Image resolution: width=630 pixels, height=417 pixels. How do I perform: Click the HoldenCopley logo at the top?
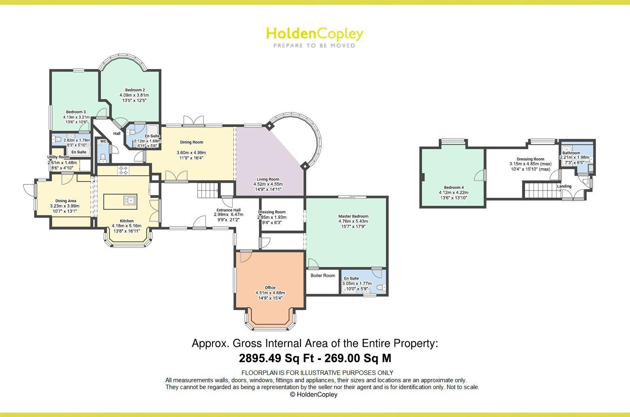(x=314, y=37)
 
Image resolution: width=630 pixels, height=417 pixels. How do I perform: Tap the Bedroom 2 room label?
(x=135, y=90)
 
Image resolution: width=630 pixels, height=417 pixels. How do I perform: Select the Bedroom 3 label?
(x=76, y=112)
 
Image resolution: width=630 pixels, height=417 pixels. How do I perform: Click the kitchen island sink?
(x=129, y=200)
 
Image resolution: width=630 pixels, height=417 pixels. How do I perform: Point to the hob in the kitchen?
(x=123, y=170)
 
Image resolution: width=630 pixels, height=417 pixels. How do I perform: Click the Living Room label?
(x=268, y=179)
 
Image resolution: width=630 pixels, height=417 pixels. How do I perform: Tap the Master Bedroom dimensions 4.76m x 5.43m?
(x=353, y=221)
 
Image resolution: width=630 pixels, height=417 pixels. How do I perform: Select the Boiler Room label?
(x=323, y=275)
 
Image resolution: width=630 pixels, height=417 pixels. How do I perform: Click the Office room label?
(x=270, y=288)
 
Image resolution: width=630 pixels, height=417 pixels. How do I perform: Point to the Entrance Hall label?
(x=228, y=210)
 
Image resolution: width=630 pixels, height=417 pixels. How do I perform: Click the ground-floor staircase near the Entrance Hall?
(x=208, y=191)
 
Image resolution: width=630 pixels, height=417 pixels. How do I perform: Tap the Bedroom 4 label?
(x=454, y=188)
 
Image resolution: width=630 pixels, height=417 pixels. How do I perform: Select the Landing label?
(x=564, y=186)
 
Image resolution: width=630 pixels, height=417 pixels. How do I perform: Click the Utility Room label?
(x=58, y=157)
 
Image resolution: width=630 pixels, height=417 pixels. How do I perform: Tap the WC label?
(x=103, y=142)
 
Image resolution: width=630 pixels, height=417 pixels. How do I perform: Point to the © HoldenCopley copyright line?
(x=314, y=394)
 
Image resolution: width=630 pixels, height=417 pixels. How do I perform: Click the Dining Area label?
(x=66, y=201)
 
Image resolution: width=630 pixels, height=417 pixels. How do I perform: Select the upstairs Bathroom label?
(x=571, y=153)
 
